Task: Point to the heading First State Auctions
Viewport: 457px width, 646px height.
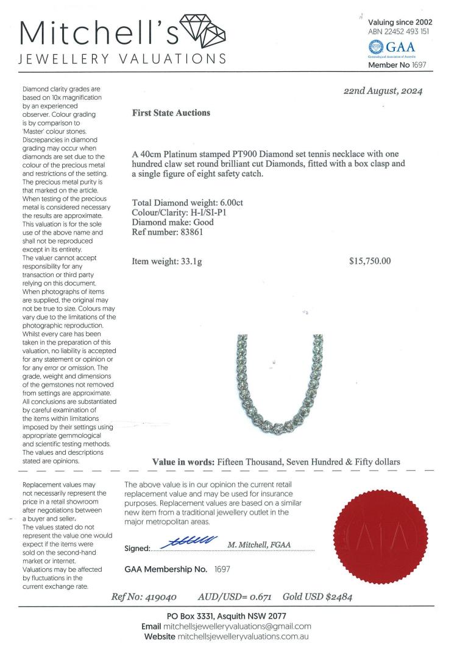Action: point(171,113)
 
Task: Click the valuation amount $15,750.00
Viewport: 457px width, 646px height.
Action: point(370,262)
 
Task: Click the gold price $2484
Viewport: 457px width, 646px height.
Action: point(339,597)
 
